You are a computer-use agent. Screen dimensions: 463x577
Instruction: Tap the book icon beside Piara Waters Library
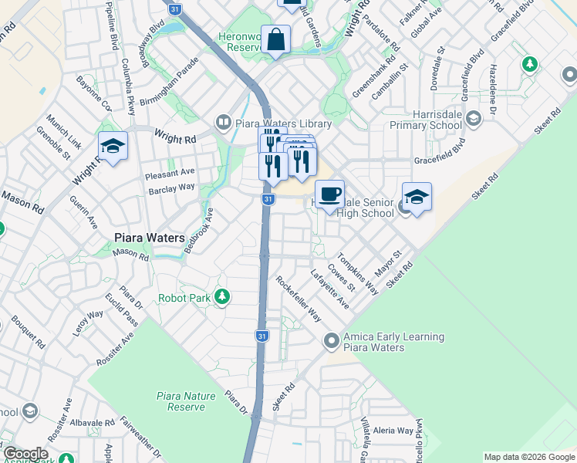pyautogui.click(x=223, y=122)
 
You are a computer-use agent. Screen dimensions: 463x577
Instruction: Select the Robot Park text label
pyautogui.click(x=184, y=298)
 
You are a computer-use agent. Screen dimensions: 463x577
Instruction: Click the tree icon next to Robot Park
pyautogui.click(x=222, y=296)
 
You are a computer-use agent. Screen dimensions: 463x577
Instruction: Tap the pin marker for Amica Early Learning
pyautogui.click(x=332, y=340)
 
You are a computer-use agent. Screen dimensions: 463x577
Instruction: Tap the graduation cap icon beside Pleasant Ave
pyautogui.click(x=113, y=146)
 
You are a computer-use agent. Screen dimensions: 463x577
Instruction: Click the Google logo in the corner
pyautogui.click(x=25, y=454)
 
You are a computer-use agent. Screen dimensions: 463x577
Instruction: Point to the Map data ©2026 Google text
pyautogui.click(x=528, y=457)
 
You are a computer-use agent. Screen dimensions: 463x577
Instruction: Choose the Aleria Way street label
pyautogui.click(x=393, y=430)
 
